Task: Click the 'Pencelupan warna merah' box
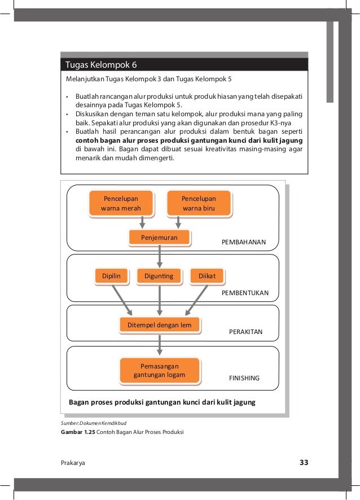click(121, 203)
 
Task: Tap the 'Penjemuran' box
click(160, 238)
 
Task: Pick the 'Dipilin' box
click(111, 275)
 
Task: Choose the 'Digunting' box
click(160, 275)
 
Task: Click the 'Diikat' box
click(207, 275)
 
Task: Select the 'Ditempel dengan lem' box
click(160, 325)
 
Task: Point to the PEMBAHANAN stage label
click(244, 242)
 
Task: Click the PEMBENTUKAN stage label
click(245, 293)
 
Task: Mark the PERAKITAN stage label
click(245, 332)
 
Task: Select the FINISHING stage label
click(244, 378)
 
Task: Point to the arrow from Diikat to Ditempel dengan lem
click(197, 299)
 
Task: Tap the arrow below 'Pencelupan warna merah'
click(142, 222)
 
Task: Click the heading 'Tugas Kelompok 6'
click(98, 64)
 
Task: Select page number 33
click(304, 463)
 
